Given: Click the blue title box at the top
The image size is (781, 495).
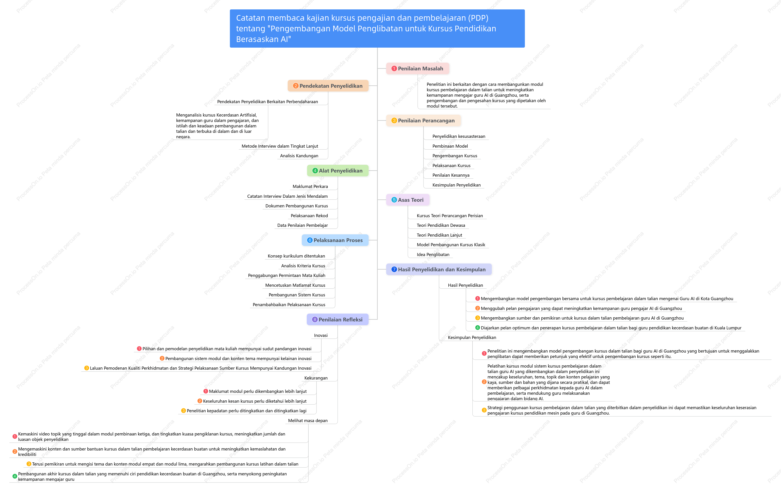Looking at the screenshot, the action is click(377, 29).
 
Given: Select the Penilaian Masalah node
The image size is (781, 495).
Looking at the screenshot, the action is click(418, 69).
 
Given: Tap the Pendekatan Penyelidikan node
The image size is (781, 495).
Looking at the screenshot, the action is click(328, 86).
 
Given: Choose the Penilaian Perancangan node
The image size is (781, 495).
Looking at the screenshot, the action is click(423, 121).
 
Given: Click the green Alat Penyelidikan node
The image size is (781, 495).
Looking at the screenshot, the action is click(338, 171).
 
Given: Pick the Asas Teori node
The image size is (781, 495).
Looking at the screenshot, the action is click(408, 200).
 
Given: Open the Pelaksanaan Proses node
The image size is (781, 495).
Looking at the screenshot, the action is click(335, 240).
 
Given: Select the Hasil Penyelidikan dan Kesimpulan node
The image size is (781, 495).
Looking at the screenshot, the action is click(439, 269).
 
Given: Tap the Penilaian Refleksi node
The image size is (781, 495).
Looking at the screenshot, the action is click(338, 319).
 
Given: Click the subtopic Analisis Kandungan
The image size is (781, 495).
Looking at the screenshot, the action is click(299, 156).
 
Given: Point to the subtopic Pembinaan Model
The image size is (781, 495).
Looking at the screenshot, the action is click(450, 146).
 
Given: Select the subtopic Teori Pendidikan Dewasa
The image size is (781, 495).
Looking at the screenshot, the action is click(441, 225).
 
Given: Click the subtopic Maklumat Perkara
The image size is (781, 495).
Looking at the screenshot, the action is click(310, 186).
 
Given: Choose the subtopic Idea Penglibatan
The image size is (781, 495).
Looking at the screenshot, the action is click(433, 254).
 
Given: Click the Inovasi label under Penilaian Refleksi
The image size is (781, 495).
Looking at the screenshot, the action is click(321, 335).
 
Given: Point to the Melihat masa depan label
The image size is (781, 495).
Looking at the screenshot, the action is click(308, 421).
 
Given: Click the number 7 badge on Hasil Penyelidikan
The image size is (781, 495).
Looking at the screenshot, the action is click(394, 269).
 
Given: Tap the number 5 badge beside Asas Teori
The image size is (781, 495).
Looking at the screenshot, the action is click(394, 200).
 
